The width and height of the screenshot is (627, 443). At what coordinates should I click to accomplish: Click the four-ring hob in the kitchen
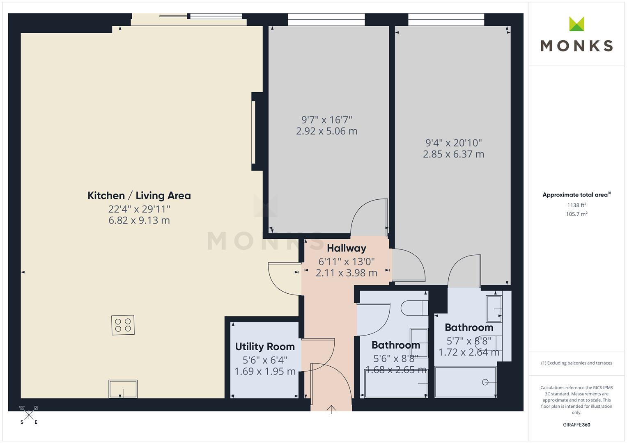(x=123, y=325)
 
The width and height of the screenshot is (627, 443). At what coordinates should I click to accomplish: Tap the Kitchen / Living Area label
(x=139, y=196)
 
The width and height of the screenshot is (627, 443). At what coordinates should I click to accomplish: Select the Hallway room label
(x=347, y=248)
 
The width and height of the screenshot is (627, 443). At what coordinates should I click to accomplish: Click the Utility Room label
(x=265, y=347)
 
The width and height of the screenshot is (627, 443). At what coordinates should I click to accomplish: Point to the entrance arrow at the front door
(x=331, y=409)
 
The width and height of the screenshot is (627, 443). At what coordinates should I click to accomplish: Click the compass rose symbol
(x=29, y=415)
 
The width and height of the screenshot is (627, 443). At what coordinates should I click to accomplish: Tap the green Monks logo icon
(x=576, y=24)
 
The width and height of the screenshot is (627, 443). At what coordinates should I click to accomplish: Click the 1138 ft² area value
(x=576, y=205)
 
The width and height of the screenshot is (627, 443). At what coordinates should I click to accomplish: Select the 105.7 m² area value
(x=576, y=214)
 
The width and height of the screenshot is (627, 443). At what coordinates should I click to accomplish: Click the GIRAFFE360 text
(x=576, y=425)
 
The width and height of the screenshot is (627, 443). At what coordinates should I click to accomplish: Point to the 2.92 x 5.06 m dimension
(x=327, y=131)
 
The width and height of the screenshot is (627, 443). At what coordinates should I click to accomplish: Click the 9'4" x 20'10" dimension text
(x=453, y=143)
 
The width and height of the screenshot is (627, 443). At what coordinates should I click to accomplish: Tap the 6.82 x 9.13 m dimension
(x=139, y=220)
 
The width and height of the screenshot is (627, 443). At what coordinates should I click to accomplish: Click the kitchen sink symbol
(x=123, y=389)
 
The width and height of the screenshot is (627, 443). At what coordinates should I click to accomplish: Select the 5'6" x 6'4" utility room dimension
(x=265, y=360)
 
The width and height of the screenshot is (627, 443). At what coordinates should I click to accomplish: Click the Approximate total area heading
(x=576, y=195)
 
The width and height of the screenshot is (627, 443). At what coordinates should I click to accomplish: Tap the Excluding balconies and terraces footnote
(x=576, y=363)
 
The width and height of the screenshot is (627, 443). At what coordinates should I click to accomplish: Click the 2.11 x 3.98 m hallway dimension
(x=347, y=273)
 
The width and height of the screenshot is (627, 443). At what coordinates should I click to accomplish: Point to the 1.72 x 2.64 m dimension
(x=469, y=352)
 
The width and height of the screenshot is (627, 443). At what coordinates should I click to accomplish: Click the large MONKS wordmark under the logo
(x=576, y=46)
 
